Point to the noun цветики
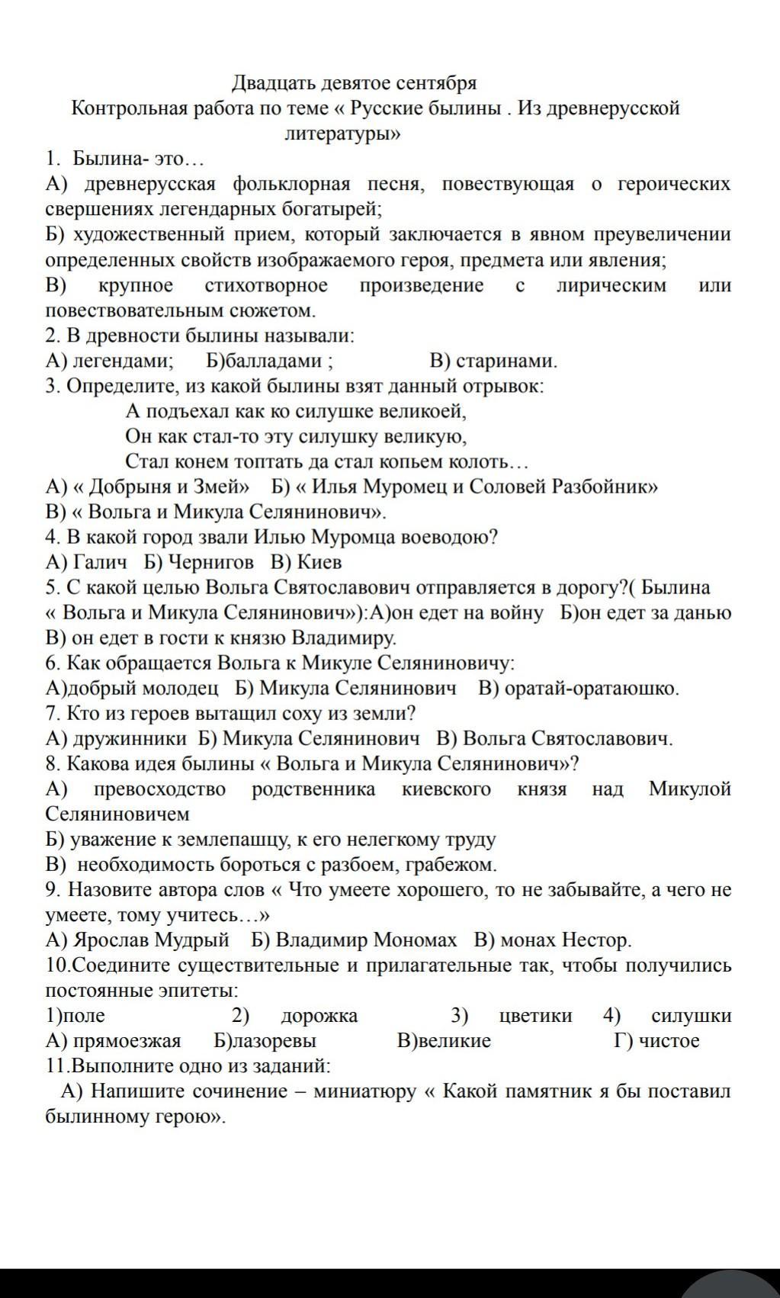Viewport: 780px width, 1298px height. [x=535, y=1016]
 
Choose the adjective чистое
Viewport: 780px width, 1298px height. [x=669, y=1041]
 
